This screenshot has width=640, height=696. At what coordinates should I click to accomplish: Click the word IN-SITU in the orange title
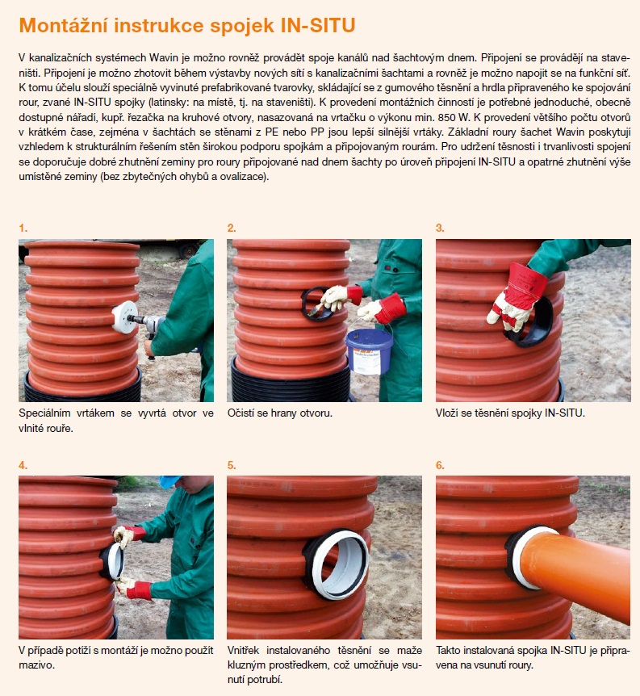(318, 25)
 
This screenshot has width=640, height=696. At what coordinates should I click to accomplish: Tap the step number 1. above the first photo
(23, 229)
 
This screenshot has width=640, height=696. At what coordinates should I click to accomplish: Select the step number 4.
(23, 465)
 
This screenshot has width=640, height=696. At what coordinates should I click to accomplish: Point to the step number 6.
(440, 465)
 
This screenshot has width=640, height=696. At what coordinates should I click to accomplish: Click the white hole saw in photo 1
(124, 317)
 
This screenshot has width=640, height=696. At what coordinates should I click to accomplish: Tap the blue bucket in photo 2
(370, 350)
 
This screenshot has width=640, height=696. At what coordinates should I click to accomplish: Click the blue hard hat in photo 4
(169, 481)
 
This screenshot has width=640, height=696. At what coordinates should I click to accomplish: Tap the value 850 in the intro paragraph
(446, 117)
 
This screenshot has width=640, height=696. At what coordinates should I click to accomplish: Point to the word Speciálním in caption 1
(44, 413)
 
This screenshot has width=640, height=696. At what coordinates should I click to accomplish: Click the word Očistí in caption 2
(241, 413)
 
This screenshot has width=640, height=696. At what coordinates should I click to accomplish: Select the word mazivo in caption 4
(36, 665)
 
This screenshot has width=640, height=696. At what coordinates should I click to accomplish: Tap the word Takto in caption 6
(448, 650)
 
